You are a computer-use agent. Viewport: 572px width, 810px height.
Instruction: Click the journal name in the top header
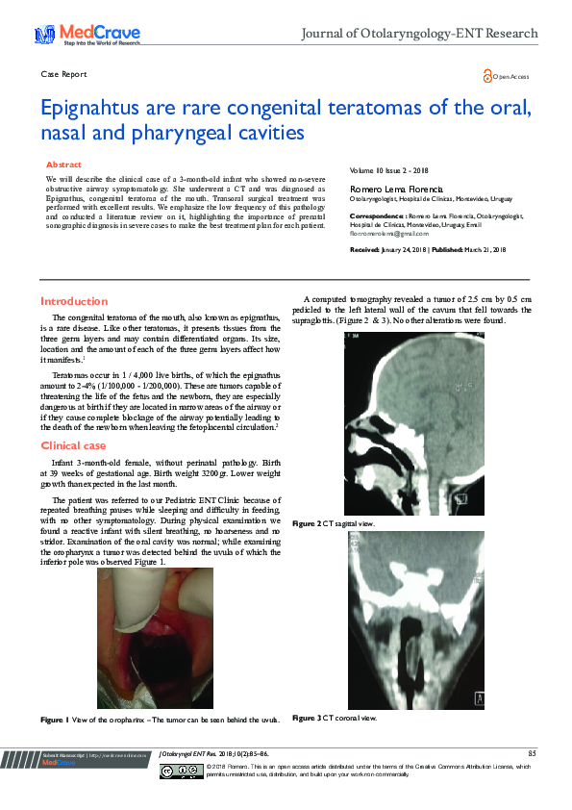(419, 34)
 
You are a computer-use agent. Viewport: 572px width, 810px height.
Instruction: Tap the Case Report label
(63, 74)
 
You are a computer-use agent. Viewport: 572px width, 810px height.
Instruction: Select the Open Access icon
(488, 75)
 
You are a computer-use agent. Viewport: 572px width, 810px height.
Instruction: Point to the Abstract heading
(63, 165)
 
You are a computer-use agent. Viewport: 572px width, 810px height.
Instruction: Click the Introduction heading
(74, 301)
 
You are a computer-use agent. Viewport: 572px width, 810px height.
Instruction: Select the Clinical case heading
(73, 446)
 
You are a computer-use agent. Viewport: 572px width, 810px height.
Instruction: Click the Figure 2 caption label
(306, 523)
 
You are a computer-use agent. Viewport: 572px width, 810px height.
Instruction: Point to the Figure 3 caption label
(306, 718)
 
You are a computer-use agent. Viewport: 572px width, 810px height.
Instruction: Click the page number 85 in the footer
(532, 752)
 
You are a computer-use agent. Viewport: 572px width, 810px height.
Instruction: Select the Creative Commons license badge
(180, 771)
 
